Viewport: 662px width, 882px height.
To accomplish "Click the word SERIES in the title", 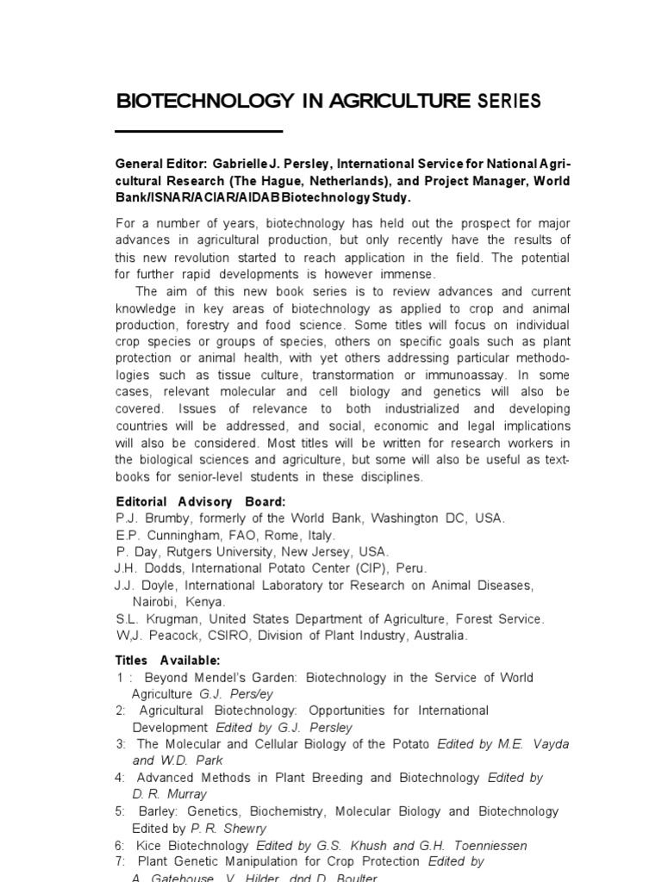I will click(x=509, y=101).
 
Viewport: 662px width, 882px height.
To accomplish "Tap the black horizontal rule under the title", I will click(x=199, y=131).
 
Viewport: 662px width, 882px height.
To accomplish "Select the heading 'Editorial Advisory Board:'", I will click(x=201, y=501).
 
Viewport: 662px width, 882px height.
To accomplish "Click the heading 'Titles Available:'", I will click(x=168, y=660).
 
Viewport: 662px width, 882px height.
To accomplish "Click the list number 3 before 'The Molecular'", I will click(x=121, y=743).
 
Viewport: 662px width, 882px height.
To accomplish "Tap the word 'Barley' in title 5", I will click(x=157, y=811).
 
